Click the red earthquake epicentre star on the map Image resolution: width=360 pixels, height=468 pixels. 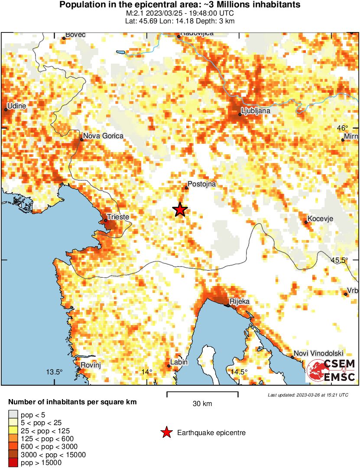pyautogui.click(x=180, y=210)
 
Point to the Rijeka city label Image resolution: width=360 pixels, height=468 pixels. pyautogui.click(x=240, y=301)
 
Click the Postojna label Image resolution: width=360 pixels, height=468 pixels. pyautogui.click(x=201, y=184)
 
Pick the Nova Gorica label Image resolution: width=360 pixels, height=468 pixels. pyautogui.click(x=103, y=136)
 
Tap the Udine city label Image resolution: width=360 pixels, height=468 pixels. pyautogui.click(x=17, y=106)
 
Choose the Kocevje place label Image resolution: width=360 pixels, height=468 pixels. pyautogui.click(x=320, y=219)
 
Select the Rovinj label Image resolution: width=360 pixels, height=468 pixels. pyautogui.click(x=91, y=365)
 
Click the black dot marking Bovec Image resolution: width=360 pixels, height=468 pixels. pyautogui.click(x=64, y=38)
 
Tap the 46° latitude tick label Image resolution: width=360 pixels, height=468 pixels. pyautogui.click(x=342, y=128)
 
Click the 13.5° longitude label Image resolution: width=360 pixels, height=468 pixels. pyautogui.click(x=55, y=372)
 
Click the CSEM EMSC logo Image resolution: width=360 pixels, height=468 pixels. pyautogui.click(x=331, y=370)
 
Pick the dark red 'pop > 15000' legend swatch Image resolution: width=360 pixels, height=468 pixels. pyautogui.click(x=13, y=463)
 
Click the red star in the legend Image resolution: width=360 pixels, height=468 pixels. pyautogui.click(x=166, y=432)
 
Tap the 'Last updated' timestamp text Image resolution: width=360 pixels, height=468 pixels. pyautogui.click(x=308, y=395)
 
